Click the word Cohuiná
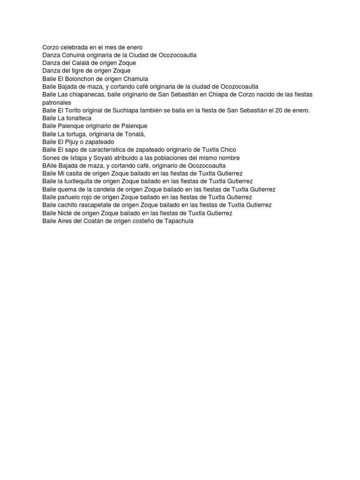pyautogui.click(x=71, y=55)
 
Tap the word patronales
pyautogui.click(x=57, y=102)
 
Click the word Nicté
pyautogui.click(x=65, y=213)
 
